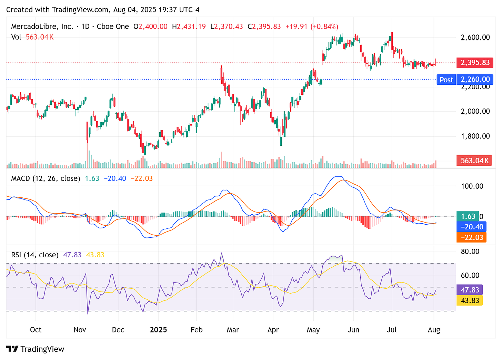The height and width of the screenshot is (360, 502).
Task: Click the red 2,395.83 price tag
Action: coord(475,63)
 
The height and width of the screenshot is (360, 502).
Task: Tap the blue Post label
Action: coord(446,80)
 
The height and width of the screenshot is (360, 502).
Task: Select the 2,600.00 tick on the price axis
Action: coord(475,37)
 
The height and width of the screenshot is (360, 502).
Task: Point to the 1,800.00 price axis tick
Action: coord(475,136)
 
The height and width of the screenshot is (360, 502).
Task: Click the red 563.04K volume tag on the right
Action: coord(475,161)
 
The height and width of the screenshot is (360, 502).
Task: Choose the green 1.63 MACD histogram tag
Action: coord(468,216)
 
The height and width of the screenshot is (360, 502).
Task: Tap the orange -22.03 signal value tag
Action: coord(471,237)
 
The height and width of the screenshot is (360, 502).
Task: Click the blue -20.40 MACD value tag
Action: coord(471,227)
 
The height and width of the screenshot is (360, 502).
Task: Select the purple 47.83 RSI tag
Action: coord(470,290)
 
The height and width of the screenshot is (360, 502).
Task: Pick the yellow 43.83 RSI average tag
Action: coord(470,300)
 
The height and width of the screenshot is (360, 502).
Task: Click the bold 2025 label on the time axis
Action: coord(158,330)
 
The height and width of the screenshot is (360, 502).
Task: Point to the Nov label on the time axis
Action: coord(80,330)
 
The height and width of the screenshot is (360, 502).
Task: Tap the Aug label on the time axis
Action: coord(434,330)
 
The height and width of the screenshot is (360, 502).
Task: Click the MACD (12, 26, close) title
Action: coord(46,178)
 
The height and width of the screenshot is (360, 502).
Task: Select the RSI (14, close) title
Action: coord(35,255)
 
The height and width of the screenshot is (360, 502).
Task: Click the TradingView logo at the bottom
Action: coord(36,349)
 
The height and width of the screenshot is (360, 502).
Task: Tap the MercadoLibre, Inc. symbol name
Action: coord(42,27)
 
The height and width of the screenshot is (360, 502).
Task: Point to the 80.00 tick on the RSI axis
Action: coord(470,251)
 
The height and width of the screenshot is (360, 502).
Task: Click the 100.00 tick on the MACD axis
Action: coord(472,186)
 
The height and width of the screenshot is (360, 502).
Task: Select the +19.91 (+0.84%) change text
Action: coord(312,27)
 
